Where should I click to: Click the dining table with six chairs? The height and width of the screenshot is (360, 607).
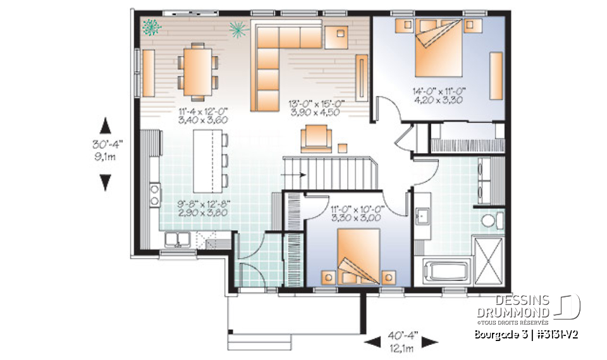[197, 70]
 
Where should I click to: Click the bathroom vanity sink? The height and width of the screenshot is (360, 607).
[421, 217]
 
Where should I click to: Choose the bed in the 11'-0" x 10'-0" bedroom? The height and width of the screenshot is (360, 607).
[359, 256]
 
